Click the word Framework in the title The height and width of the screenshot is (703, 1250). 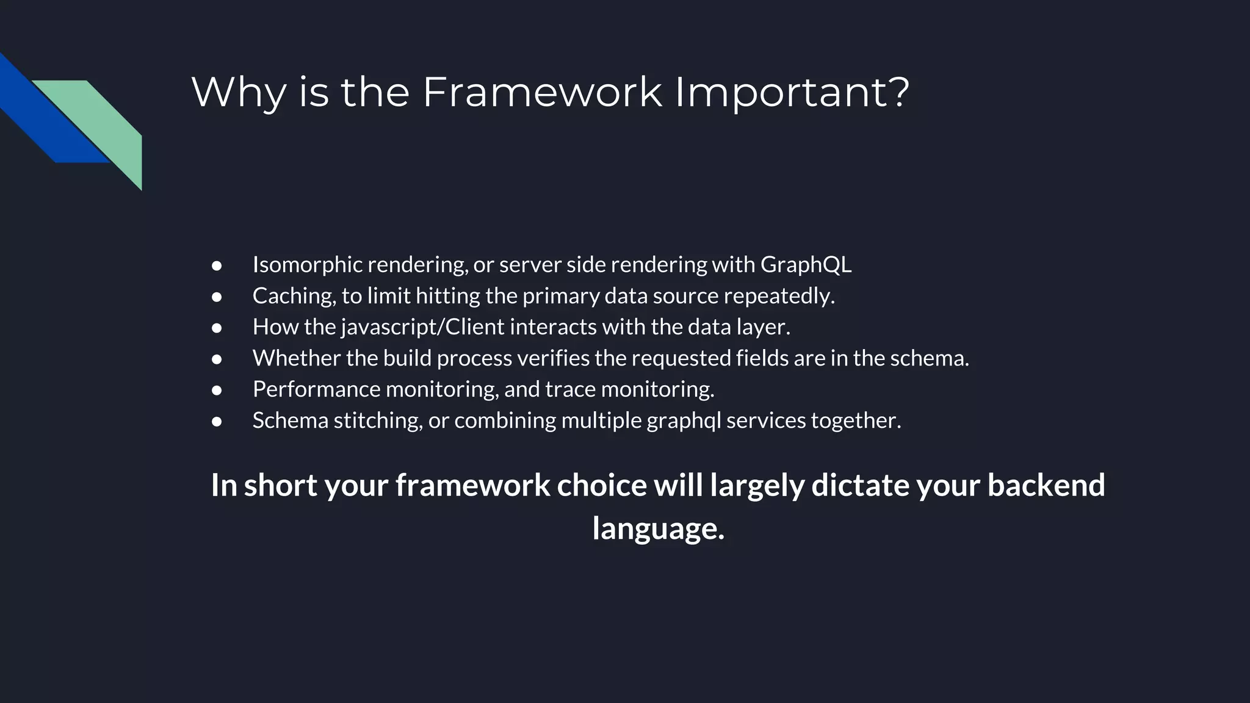[x=541, y=92]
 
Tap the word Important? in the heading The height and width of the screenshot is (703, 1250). [x=792, y=92]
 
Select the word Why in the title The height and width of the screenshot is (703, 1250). [x=239, y=92]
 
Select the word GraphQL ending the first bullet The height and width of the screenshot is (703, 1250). [x=806, y=265]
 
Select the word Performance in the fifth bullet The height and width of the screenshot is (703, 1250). [x=316, y=389]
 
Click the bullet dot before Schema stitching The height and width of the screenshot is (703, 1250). [x=217, y=421]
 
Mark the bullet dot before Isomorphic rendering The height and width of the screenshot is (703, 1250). [x=217, y=265]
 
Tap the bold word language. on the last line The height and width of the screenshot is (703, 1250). [x=658, y=528]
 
